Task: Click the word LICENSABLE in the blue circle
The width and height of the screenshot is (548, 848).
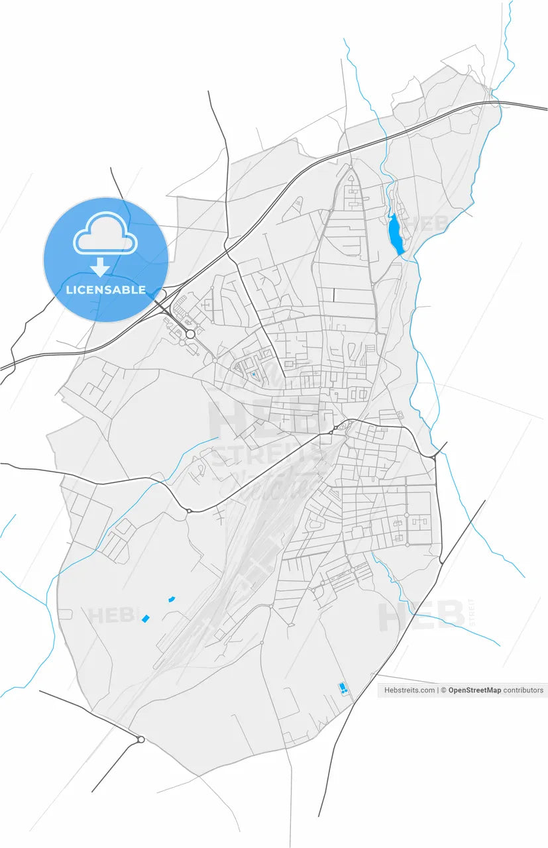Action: [106, 290]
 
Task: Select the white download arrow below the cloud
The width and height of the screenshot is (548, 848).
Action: [100, 267]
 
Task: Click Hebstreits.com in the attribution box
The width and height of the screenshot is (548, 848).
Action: [410, 690]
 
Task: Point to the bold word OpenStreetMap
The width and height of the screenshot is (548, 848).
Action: [474, 690]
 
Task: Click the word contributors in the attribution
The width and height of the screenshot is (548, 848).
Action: [523, 690]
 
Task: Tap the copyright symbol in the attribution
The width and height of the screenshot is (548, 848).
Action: [443, 690]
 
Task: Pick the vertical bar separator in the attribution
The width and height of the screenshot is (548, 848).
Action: [438, 690]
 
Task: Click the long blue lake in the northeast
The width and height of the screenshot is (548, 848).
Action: [396, 233]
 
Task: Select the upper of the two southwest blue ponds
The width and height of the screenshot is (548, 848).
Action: [172, 599]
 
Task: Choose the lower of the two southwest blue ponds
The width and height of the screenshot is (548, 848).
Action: [146, 619]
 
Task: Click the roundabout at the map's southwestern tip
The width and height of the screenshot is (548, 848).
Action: [140, 739]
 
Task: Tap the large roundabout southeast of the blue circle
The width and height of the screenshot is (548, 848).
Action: [190, 335]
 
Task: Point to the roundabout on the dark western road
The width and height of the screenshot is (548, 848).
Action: [189, 511]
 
